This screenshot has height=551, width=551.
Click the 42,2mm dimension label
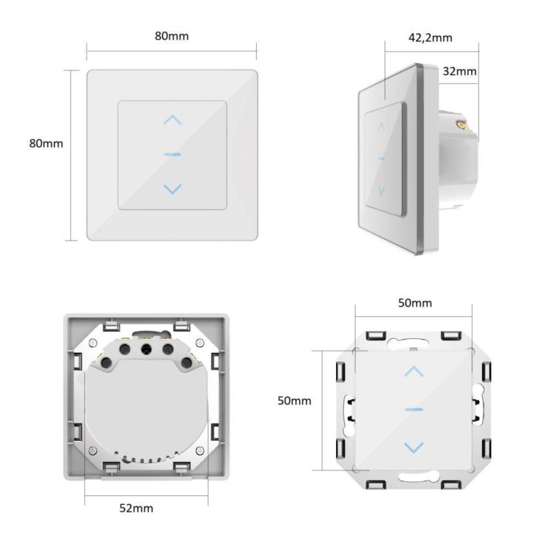click(430, 38)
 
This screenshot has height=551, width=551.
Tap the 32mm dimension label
click(459, 72)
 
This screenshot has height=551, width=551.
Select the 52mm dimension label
click(136, 508)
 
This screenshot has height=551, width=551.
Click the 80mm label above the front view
click(171, 36)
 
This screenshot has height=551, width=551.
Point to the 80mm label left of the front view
click(46, 143)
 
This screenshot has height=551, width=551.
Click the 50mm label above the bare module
click(415, 303)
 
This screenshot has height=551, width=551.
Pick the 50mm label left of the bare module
click(295, 401)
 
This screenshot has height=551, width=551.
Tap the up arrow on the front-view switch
click(173, 120)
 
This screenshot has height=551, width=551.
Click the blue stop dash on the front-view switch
click(173, 154)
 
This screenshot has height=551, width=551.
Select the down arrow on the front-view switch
click(173, 189)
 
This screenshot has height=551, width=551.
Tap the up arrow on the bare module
click(414, 371)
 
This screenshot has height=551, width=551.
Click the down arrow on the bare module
click(414, 448)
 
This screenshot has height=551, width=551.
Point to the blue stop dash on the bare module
click(414, 409)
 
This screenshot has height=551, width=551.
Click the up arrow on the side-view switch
click(382, 127)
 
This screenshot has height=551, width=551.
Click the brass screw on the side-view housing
click(461, 124)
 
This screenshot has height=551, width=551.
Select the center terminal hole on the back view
click(146, 349)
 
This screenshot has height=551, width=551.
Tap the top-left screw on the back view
click(93, 342)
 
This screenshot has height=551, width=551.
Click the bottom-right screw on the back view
click(200, 450)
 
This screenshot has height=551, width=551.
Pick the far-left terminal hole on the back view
click(106, 363)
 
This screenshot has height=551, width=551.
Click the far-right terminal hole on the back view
click(186, 363)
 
